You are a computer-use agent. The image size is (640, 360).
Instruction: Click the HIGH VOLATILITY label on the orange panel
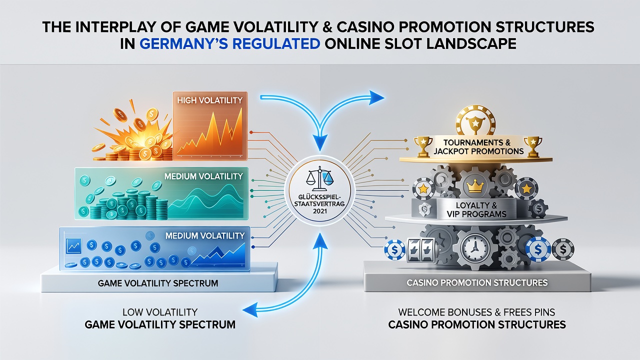[209, 100]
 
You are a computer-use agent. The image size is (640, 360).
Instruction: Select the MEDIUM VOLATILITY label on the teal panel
[203, 176]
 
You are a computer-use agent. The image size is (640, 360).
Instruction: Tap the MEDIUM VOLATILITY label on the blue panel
[205, 235]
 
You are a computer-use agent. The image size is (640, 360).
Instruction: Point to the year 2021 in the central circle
[319, 211]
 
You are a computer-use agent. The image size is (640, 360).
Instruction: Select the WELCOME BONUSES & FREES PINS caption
[476, 312]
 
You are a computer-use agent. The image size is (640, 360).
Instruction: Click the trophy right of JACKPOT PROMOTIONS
[533, 146]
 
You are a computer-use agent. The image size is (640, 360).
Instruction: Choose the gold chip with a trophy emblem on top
[474, 120]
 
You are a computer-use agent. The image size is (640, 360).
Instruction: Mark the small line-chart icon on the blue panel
[73, 246]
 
